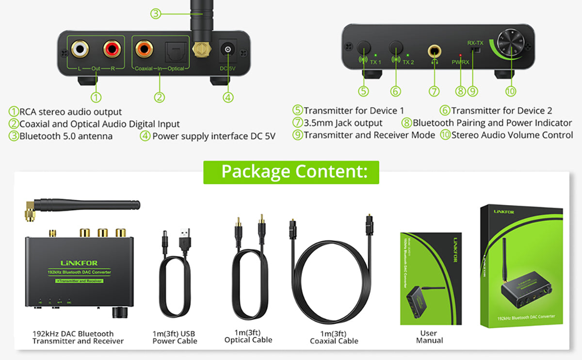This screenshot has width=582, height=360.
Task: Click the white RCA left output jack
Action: click(x=81, y=49)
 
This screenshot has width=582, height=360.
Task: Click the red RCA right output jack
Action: click(x=111, y=49)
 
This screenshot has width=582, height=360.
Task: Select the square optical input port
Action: click(x=173, y=49)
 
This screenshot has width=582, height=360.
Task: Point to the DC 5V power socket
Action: click(x=227, y=50)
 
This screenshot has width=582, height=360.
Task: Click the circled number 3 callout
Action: click(x=155, y=14)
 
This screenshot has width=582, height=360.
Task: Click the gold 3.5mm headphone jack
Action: click(x=434, y=50)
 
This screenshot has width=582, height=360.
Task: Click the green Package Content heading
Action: click(x=291, y=172)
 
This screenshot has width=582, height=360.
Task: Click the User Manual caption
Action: click(x=429, y=337)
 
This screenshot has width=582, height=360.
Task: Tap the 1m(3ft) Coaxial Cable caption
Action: click(x=334, y=337)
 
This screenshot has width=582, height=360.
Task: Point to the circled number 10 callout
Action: click(x=510, y=91)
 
